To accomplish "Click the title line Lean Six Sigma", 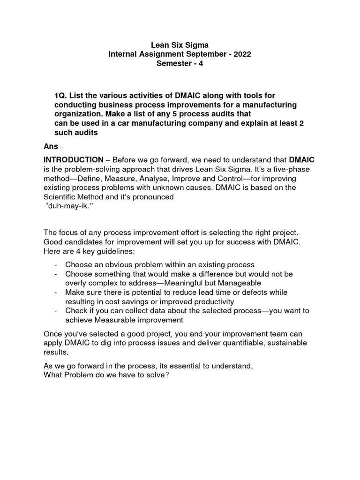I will tap(180, 45).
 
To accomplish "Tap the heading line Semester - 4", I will tap(180, 63).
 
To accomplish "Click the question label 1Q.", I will tap(61, 96).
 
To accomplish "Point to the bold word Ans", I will tap(50, 146).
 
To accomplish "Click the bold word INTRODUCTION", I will tap(73, 160).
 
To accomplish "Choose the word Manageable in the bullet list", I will tap(238, 283).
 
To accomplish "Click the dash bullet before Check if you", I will tap(56, 311).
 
